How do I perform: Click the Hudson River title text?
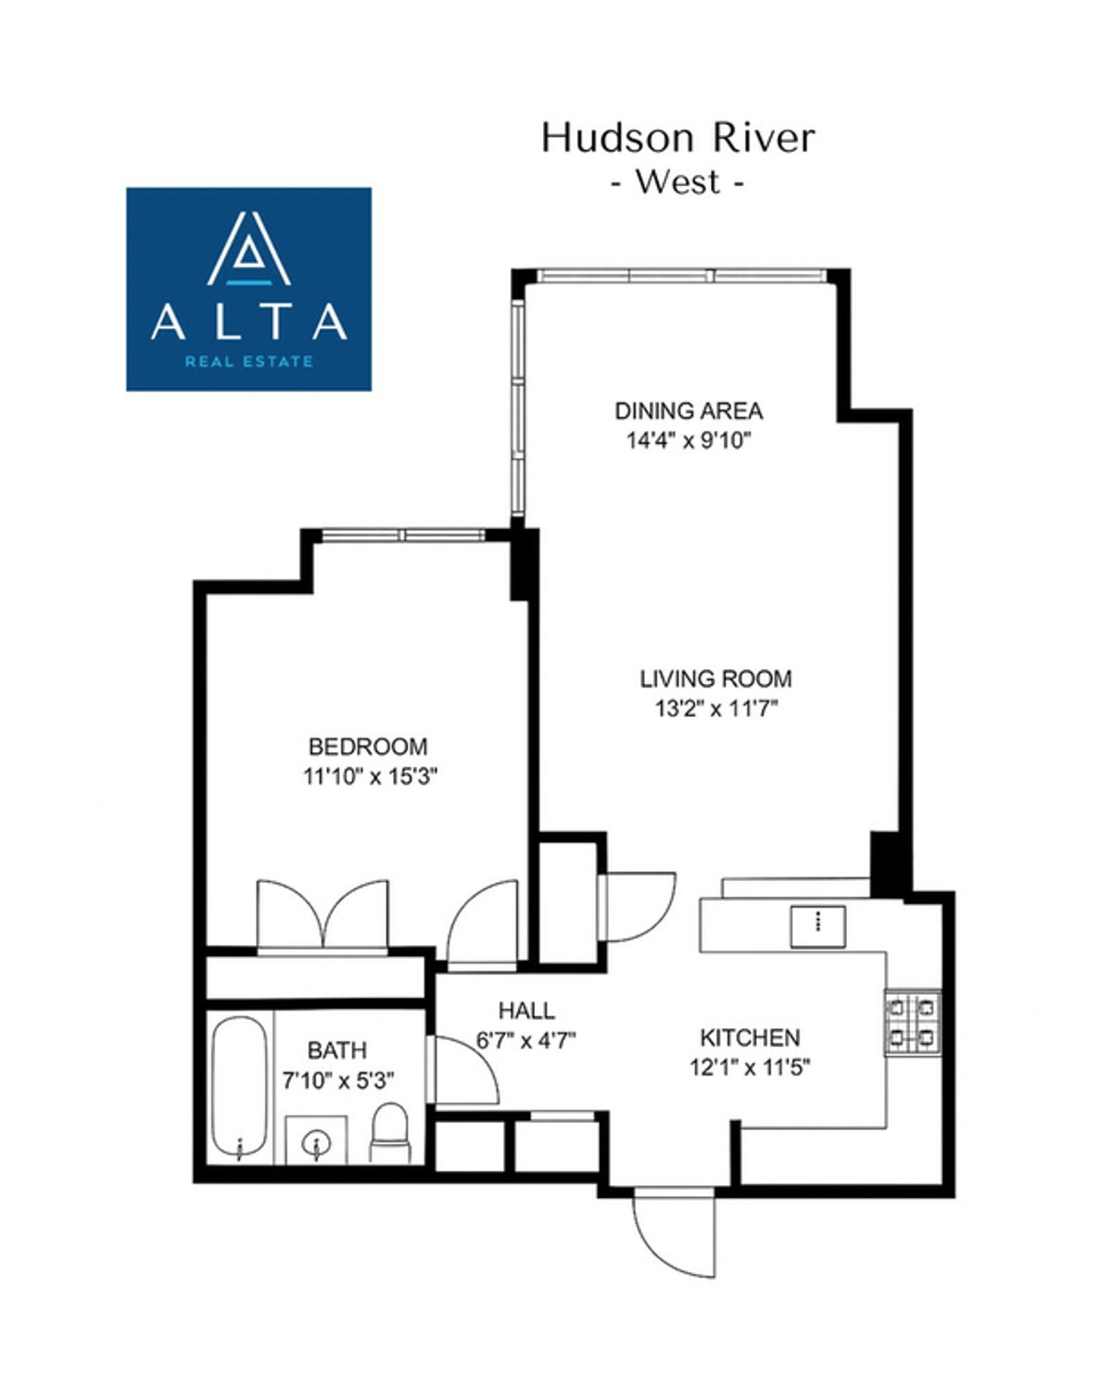678,138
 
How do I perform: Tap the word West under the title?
677,182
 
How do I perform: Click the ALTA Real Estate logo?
248,289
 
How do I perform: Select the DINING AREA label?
689,410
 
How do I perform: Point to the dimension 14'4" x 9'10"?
688,440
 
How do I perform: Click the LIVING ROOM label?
715,678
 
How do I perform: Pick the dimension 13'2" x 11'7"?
715,709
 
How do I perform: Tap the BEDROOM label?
368,746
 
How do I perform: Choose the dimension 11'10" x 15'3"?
370,775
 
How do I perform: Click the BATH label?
336,1050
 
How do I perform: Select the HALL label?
526,1010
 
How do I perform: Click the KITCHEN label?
750,1038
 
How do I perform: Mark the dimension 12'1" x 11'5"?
750,1067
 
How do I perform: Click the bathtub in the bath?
239,1088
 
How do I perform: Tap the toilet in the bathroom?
388,1132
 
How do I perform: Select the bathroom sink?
315,1140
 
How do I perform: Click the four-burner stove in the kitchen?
912,1023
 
